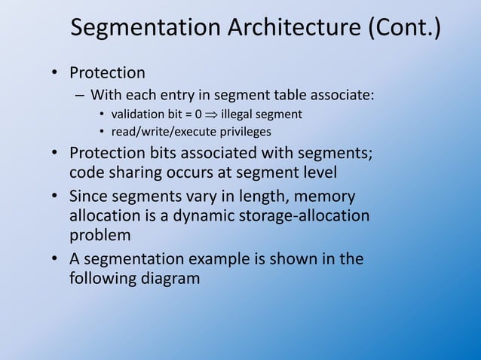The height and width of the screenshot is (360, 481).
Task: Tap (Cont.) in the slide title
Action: pyautogui.click(x=405, y=29)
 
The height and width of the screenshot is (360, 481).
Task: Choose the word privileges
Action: pyautogui.click(x=244, y=133)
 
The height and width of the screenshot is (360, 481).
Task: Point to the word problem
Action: pyautogui.click(x=100, y=234)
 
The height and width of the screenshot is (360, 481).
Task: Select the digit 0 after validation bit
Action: pyautogui.click(x=198, y=115)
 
